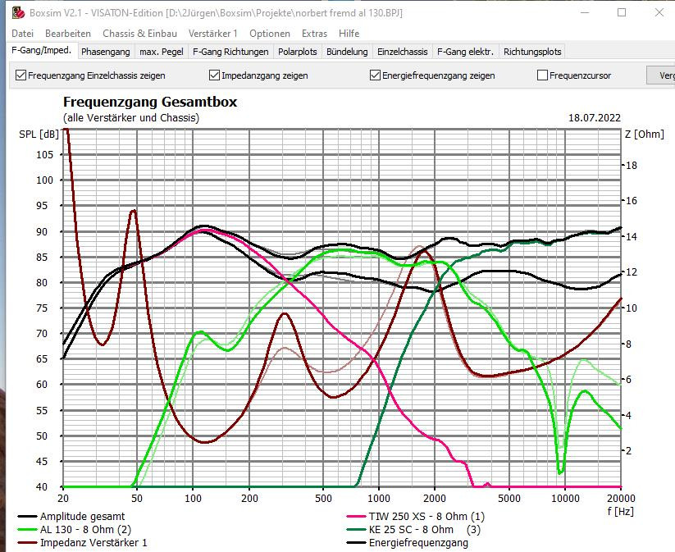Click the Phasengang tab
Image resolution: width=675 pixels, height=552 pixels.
point(106,52)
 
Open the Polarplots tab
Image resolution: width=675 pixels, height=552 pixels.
point(297,52)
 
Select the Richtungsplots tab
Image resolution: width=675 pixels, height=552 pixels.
point(532,52)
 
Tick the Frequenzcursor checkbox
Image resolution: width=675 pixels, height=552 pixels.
point(542,75)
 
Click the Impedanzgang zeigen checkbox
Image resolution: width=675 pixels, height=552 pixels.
point(215,75)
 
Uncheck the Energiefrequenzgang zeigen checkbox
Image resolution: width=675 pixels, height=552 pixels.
point(376,75)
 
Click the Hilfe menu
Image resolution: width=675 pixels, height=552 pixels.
point(349,34)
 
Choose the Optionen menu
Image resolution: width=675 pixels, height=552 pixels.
point(270,34)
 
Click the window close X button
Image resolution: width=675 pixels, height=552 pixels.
point(659,12)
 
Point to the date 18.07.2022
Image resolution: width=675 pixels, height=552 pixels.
point(595,118)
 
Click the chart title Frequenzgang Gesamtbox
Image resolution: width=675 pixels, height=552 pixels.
point(150,103)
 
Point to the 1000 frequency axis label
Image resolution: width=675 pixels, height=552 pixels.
point(379,497)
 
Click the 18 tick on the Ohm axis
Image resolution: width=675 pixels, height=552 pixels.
point(632,165)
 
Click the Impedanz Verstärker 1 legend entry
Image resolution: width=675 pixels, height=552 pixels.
point(93,543)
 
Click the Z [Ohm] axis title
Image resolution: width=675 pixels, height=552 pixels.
point(644,134)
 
